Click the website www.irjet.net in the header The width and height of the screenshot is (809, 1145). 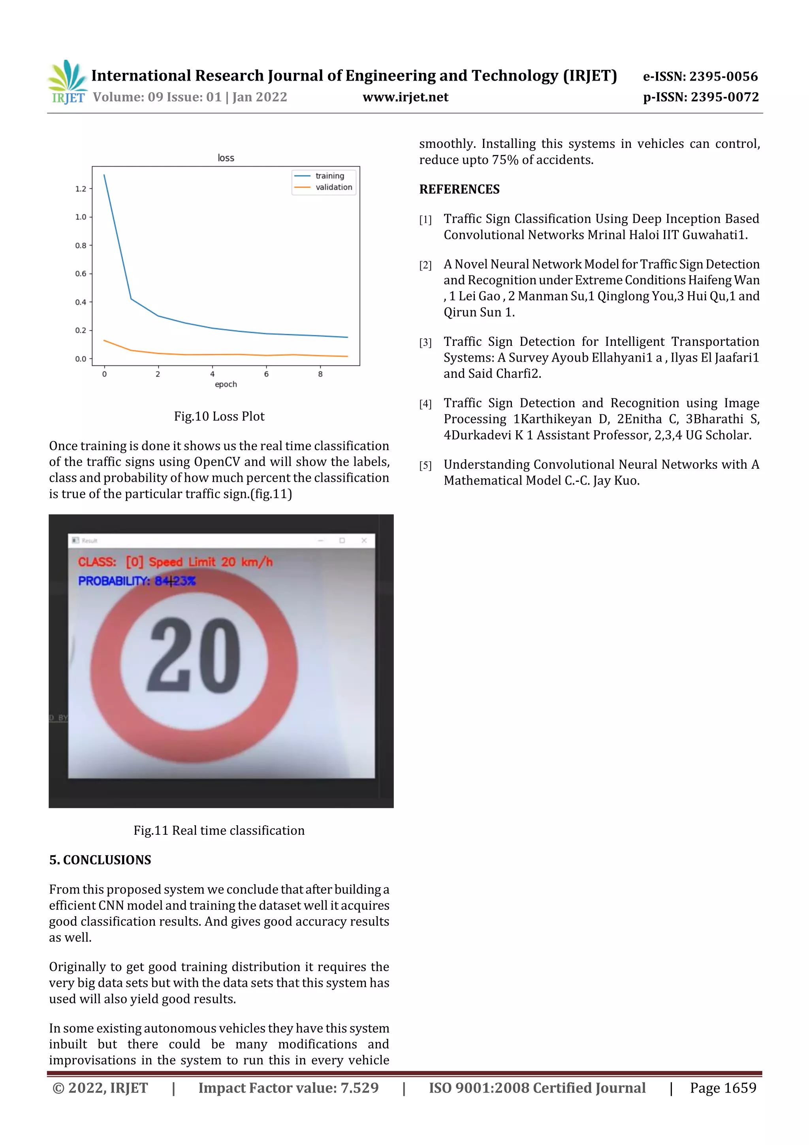(405, 97)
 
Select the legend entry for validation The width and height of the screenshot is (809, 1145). (333, 187)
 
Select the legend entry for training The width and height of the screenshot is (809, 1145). (329, 175)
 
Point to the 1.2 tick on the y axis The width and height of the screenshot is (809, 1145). (80, 189)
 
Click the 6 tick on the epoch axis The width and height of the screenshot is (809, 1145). (266, 373)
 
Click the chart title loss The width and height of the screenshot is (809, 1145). (226, 158)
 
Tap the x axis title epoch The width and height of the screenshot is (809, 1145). (226, 384)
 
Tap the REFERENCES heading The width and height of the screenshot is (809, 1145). (459, 189)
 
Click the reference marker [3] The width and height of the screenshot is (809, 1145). (425, 342)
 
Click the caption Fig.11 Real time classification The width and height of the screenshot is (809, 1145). (219, 830)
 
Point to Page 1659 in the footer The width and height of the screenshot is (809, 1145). (723, 1088)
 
